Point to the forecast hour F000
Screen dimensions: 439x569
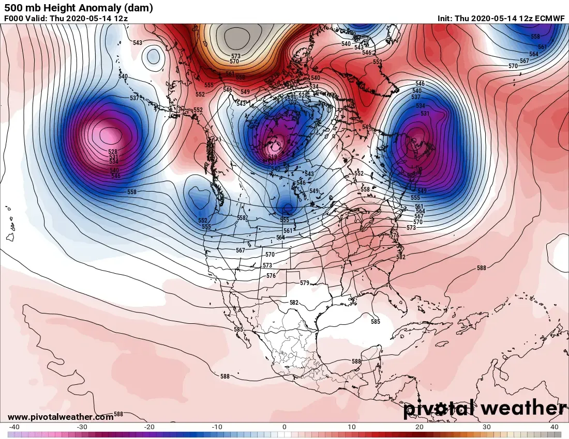tap(14, 19)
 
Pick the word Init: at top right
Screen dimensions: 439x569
tap(445, 19)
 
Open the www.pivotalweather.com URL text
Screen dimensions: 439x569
tap(61, 417)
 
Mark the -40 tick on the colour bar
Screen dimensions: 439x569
tap(14, 427)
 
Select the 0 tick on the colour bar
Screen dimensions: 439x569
tap(284, 427)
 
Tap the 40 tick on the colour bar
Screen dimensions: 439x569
tap(554, 427)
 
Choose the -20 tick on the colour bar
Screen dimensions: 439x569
tap(149, 427)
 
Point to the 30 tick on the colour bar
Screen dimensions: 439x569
tap(487, 427)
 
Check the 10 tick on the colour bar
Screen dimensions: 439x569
tap(352, 427)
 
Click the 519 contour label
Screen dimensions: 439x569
tap(273, 157)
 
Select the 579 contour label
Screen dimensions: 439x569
tap(304, 283)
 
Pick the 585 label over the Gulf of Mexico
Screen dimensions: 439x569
tap(375, 321)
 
